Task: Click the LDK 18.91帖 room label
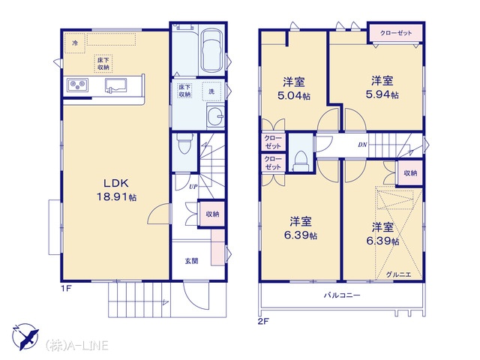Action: tap(117, 190)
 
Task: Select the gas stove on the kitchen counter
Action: tap(78, 85)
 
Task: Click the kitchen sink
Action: tap(116, 85)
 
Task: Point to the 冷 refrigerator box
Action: tap(75, 43)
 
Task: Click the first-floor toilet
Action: tap(184, 145)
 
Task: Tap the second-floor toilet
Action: tap(301, 161)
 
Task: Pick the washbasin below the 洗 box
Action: tap(215, 115)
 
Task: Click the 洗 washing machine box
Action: tap(211, 91)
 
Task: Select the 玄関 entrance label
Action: tap(191, 261)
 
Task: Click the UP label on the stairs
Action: tap(193, 187)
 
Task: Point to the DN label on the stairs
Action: tap(362, 145)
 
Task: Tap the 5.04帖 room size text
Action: tap(294, 96)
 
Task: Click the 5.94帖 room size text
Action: tap(382, 94)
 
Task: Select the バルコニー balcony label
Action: tap(342, 295)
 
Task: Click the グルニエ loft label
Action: tap(398, 274)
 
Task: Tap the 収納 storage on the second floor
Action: tap(410, 173)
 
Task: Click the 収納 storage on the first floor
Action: tap(212, 214)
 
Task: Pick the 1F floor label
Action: tap(66, 288)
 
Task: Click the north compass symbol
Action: tap(25, 337)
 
